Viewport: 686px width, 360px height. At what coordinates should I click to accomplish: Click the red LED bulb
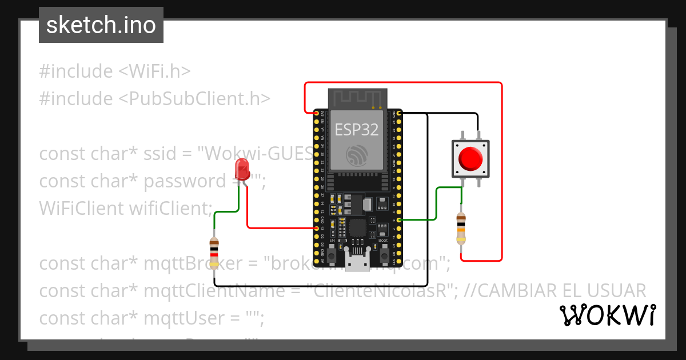pos(242,169)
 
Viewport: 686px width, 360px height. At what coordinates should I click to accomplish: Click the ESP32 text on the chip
pos(357,130)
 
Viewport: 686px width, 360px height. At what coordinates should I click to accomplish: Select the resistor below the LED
pos(214,253)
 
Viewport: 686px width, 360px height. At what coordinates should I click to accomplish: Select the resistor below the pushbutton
pos(461,228)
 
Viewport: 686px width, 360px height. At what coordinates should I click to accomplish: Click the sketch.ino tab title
pos(101,25)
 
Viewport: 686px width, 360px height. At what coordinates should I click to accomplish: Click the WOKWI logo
pos(607,315)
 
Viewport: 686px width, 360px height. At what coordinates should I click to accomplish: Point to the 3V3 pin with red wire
pos(316,113)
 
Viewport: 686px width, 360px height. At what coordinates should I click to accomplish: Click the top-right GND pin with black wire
pos(398,113)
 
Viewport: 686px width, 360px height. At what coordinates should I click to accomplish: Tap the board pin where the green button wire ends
pos(398,219)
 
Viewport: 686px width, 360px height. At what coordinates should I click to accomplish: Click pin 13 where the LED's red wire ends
pos(316,228)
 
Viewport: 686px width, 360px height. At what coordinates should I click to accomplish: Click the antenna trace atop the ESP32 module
pos(357,98)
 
